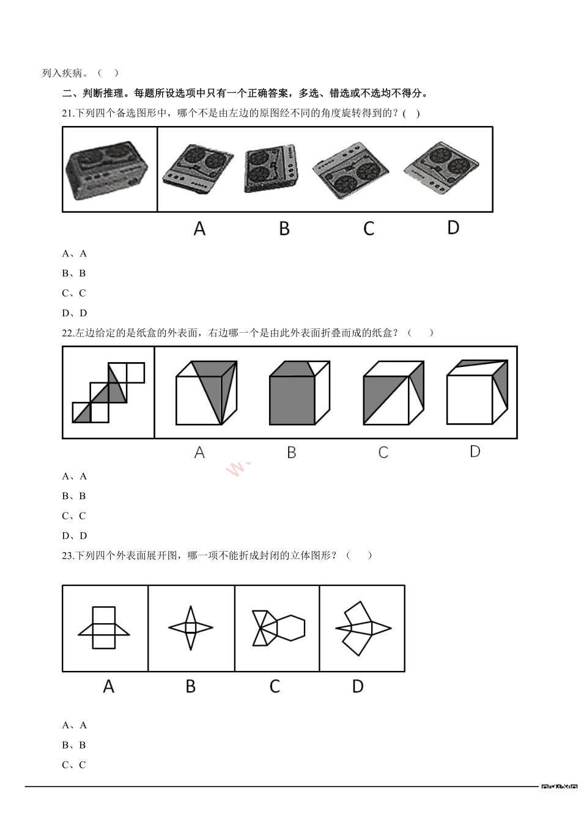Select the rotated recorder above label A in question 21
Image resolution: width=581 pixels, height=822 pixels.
[x=198, y=169]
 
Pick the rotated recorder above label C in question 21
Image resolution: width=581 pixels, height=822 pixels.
[x=350, y=171]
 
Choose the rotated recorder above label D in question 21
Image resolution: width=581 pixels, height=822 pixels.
[x=441, y=168]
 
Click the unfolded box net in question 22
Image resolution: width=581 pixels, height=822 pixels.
[x=108, y=392]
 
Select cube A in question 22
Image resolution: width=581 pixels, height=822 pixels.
[x=206, y=393]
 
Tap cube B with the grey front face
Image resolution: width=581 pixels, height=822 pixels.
[x=299, y=393]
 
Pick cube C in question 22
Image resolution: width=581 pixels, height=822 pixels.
[x=393, y=393]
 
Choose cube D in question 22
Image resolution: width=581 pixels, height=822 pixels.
[x=477, y=392]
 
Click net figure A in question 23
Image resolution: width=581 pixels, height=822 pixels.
[x=104, y=628]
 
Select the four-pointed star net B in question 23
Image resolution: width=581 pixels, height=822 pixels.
[x=191, y=628]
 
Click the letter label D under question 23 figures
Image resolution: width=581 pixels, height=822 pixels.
[x=358, y=687]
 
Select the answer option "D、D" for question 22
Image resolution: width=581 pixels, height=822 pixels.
[x=75, y=536]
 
